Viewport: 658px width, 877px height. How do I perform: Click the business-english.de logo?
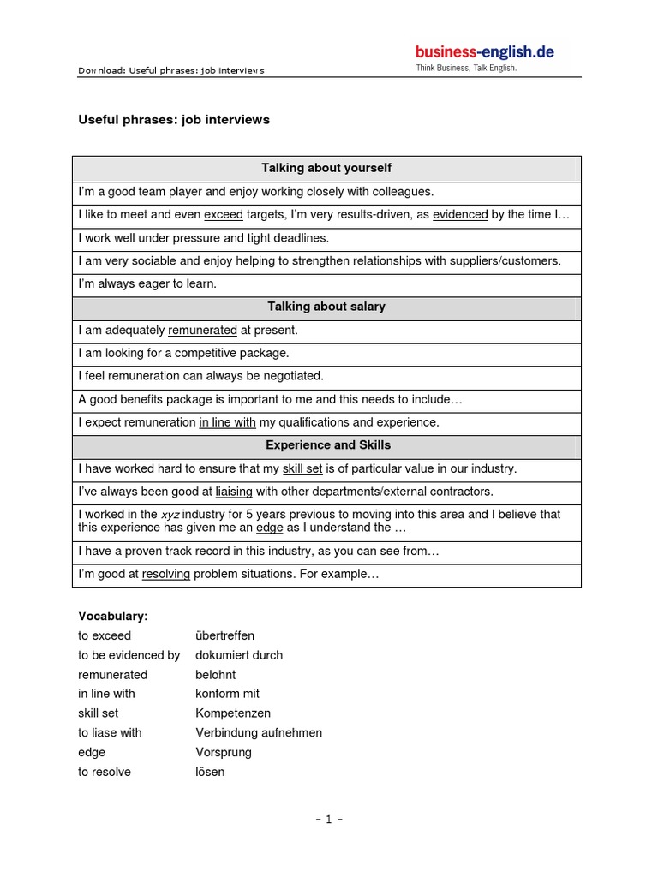485,51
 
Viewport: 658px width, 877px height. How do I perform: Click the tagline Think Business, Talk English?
466,68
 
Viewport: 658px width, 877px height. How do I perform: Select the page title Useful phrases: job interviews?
174,120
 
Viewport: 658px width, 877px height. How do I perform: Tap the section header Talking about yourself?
326,169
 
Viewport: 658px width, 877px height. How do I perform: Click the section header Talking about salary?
326,307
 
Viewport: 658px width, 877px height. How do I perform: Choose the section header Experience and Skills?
326,445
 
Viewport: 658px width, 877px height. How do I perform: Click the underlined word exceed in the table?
224,215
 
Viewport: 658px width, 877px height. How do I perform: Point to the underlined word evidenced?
460,215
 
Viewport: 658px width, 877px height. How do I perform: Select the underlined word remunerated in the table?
202,330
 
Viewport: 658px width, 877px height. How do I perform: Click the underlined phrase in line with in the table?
227,422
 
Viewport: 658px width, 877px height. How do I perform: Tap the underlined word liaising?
234,492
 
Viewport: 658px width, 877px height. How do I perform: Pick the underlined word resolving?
166,574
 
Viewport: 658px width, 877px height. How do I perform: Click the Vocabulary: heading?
112,616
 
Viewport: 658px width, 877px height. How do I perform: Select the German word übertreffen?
224,635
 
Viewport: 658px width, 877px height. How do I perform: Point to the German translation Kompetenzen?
232,713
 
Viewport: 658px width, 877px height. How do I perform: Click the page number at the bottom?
328,819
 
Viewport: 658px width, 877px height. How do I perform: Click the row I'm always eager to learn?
147,283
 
